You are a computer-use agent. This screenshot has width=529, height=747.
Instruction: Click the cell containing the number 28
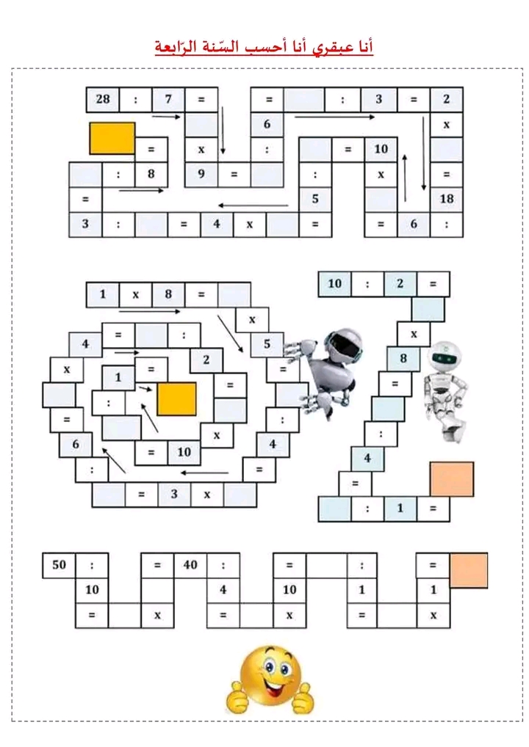pos(103,100)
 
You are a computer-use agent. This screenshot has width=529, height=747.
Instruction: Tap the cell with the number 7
pos(168,100)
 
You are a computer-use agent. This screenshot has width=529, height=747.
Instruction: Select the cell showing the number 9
pos(201,175)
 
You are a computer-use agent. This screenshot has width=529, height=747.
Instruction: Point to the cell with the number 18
pos(447,199)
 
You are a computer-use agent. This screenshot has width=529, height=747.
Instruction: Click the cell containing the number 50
pos(60,566)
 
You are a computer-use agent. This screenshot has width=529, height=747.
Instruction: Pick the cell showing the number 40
pos(190,566)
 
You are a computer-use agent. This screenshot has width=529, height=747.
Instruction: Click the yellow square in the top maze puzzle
pos(112,138)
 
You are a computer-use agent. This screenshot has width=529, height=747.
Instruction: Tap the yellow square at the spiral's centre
pos(176,398)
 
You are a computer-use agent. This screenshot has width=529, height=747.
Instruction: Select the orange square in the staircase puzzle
pos(452,479)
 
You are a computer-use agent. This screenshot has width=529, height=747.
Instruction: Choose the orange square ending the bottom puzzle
pos(469,570)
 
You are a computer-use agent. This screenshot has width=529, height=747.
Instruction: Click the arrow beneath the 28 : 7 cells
pos(167,116)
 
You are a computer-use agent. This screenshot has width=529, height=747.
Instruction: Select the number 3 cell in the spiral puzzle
pos(174,494)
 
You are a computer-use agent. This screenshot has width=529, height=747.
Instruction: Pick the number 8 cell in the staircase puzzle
pos(403,359)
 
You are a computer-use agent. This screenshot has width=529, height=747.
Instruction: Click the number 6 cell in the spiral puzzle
pos(76,445)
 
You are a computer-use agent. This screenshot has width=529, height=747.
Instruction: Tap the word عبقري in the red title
pos(329,47)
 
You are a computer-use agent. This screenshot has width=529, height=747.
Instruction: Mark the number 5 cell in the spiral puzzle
pos(267,344)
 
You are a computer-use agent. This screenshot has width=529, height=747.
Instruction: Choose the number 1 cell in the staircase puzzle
pos(400,509)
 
